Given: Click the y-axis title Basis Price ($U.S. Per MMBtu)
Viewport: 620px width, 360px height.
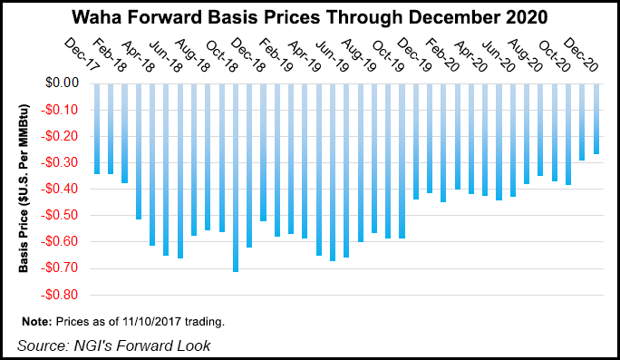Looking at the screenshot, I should pos(23,189).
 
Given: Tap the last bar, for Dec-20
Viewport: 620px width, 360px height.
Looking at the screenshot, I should pos(596,119).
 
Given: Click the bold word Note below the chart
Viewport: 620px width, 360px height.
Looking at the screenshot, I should pos(35,322).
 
